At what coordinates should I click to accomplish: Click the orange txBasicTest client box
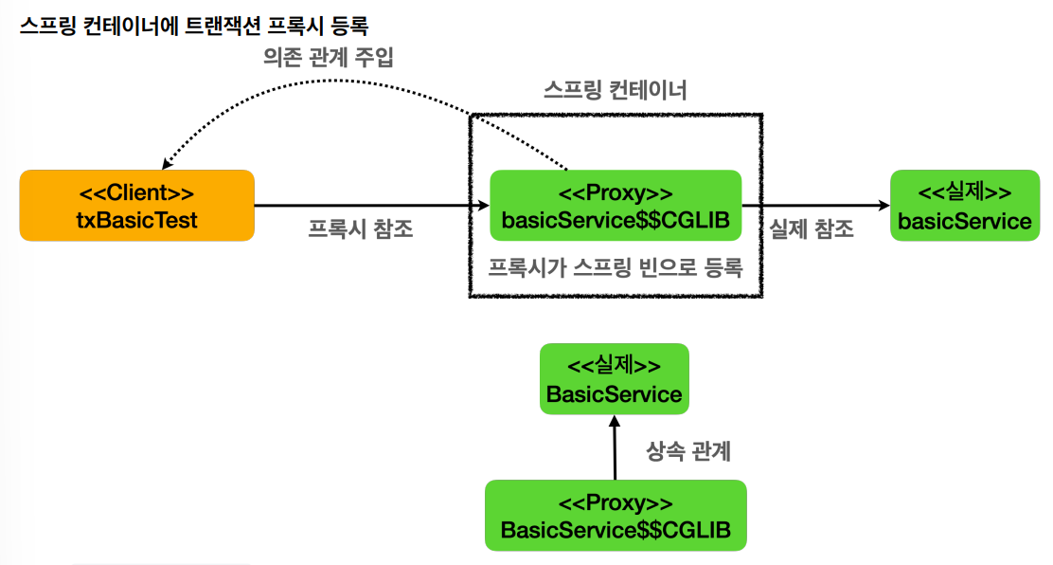pyautogui.click(x=136, y=205)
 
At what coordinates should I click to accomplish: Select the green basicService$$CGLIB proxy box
pyautogui.click(x=615, y=206)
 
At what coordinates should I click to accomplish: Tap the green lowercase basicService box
pyautogui.click(x=964, y=206)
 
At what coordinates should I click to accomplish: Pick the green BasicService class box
pyautogui.click(x=614, y=379)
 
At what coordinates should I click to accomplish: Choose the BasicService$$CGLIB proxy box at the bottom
pyautogui.click(x=616, y=515)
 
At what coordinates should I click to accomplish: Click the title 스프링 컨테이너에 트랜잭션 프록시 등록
pyautogui.click(x=193, y=25)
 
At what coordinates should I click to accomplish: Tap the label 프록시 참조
pyautogui.click(x=361, y=229)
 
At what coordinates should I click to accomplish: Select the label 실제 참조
pyautogui.click(x=812, y=229)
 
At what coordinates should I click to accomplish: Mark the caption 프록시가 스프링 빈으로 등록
pyautogui.click(x=615, y=267)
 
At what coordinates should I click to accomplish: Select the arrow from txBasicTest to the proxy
pyautogui.click(x=369, y=205)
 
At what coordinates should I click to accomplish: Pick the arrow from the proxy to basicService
pyautogui.click(x=814, y=205)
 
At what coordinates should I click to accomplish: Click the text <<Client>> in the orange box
pyautogui.click(x=136, y=192)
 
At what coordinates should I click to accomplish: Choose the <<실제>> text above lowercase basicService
pyautogui.click(x=964, y=192)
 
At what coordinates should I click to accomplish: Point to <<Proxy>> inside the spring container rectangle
pyautogui.click(x=615, y=193)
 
